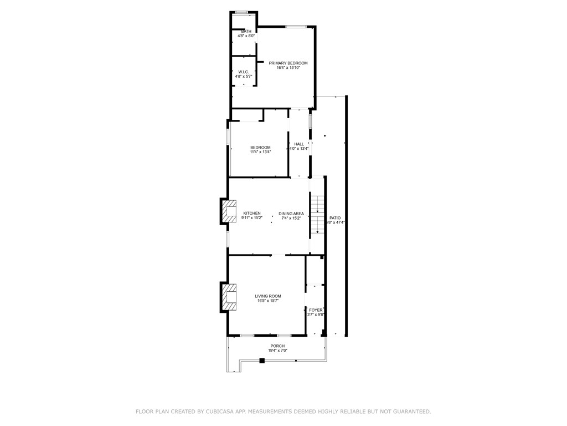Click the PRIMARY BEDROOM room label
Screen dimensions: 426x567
point(288,63)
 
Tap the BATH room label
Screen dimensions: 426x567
point(246,31)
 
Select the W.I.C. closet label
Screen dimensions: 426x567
point(243,72)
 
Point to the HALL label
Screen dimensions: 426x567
point(299,144)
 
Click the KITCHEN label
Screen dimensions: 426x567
point(251,214)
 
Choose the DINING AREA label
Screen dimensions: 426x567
point(291,214)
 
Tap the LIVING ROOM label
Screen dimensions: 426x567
point(268,296)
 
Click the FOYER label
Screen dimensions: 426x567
point(316,310)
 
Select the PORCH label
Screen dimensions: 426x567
point(277,346)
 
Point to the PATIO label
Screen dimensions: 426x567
point(335,218)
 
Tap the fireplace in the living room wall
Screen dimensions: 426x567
point(229,297)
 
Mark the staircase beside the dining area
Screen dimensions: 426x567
point(316,215)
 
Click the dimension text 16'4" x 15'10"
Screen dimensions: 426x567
point(288,68)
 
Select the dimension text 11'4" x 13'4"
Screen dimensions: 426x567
point(260,152)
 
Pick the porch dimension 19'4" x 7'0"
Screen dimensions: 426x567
point(277,351)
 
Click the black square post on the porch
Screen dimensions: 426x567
point(262,361)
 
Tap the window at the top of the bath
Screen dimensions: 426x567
point(241,12)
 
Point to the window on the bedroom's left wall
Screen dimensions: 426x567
point(228,137)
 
